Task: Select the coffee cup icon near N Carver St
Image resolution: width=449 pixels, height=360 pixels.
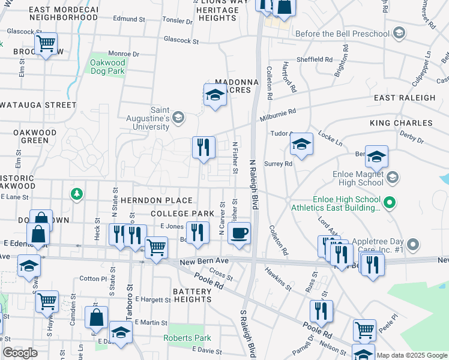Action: coord(239,233)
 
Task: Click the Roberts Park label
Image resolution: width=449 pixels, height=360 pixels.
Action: coord(187,338)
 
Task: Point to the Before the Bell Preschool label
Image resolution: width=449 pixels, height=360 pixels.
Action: coord(342,34)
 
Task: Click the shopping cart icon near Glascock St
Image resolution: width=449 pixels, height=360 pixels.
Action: coord(46,44)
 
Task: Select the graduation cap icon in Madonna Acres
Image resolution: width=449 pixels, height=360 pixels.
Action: coord(215,94)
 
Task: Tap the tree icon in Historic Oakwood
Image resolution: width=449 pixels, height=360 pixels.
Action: coord(76,194)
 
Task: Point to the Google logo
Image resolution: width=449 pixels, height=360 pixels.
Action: coord(20,353)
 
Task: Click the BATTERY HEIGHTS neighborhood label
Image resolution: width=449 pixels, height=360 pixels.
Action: coord(183,292)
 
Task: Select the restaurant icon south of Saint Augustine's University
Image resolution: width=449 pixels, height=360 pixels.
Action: coord(203,146)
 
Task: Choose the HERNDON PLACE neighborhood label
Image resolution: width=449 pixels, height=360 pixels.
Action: coord(156,200)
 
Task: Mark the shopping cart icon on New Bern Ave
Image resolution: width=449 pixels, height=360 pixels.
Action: coord(156,246)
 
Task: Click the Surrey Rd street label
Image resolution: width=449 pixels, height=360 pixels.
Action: coord(280,163)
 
